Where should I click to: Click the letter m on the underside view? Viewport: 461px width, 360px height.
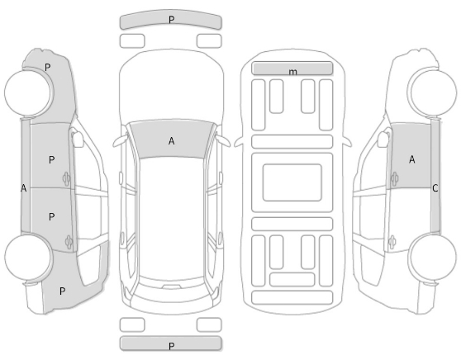292,72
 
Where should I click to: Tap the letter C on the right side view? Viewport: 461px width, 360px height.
435,188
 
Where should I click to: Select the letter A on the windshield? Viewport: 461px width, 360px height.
171,141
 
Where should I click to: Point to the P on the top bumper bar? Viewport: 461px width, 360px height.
171,20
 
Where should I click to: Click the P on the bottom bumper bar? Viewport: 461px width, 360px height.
172,346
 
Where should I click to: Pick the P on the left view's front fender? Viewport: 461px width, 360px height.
48,68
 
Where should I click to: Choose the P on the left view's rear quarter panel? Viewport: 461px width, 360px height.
62,291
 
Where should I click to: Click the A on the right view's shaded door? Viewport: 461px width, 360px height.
412,159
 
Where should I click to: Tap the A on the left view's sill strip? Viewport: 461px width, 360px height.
24,188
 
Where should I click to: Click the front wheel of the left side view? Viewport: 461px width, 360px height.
28,92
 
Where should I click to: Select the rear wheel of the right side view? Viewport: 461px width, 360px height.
433,257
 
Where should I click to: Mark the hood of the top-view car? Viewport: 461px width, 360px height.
171,85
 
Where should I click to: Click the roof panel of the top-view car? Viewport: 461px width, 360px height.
171,217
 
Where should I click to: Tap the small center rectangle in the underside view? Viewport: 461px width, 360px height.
292,182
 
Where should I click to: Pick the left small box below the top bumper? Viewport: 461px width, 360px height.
132,40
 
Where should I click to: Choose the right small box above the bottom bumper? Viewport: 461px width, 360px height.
209,324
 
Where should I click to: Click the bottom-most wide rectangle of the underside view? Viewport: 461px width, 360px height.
292,297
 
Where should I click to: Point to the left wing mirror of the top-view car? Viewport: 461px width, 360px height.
121,141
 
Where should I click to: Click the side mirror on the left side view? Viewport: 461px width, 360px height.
78,139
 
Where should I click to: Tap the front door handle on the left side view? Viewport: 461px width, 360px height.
67,178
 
